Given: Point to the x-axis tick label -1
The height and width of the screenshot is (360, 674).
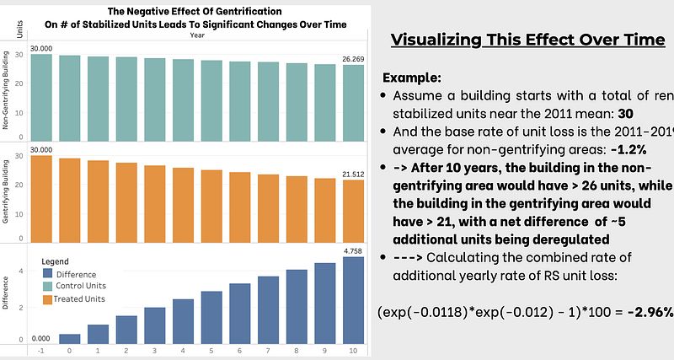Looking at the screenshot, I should click(x=41, y=349).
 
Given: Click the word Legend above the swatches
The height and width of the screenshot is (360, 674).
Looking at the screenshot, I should click(x=55, y=262).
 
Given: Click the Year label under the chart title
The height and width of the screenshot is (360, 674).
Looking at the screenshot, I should click(x=196, y=35).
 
